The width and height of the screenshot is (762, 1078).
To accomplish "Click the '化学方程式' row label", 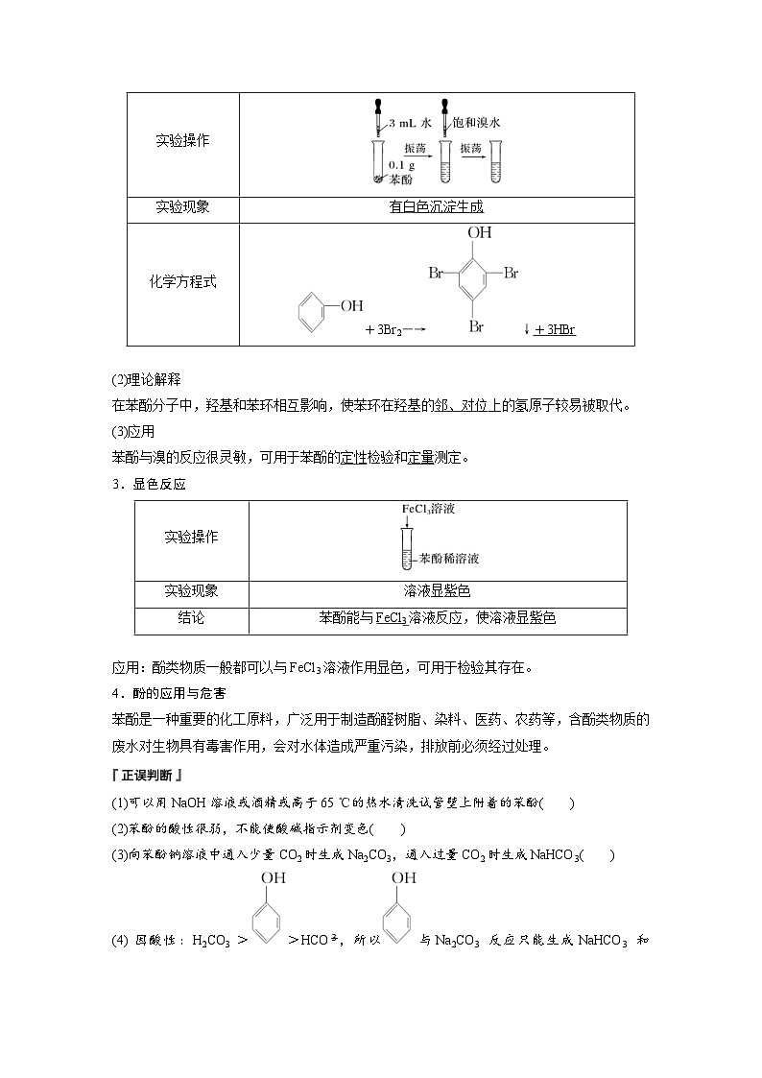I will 182,282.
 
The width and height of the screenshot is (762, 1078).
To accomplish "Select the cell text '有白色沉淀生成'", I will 437,206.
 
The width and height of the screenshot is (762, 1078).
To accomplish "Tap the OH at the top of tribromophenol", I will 480,233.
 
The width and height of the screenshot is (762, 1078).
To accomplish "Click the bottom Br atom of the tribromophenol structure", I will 476,326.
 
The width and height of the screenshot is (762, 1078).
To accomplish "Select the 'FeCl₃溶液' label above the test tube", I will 428,509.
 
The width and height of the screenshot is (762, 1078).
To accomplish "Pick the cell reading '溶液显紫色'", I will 437,591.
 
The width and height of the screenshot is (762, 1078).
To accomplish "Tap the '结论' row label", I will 191,618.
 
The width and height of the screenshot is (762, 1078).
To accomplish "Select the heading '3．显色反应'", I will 149,484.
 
